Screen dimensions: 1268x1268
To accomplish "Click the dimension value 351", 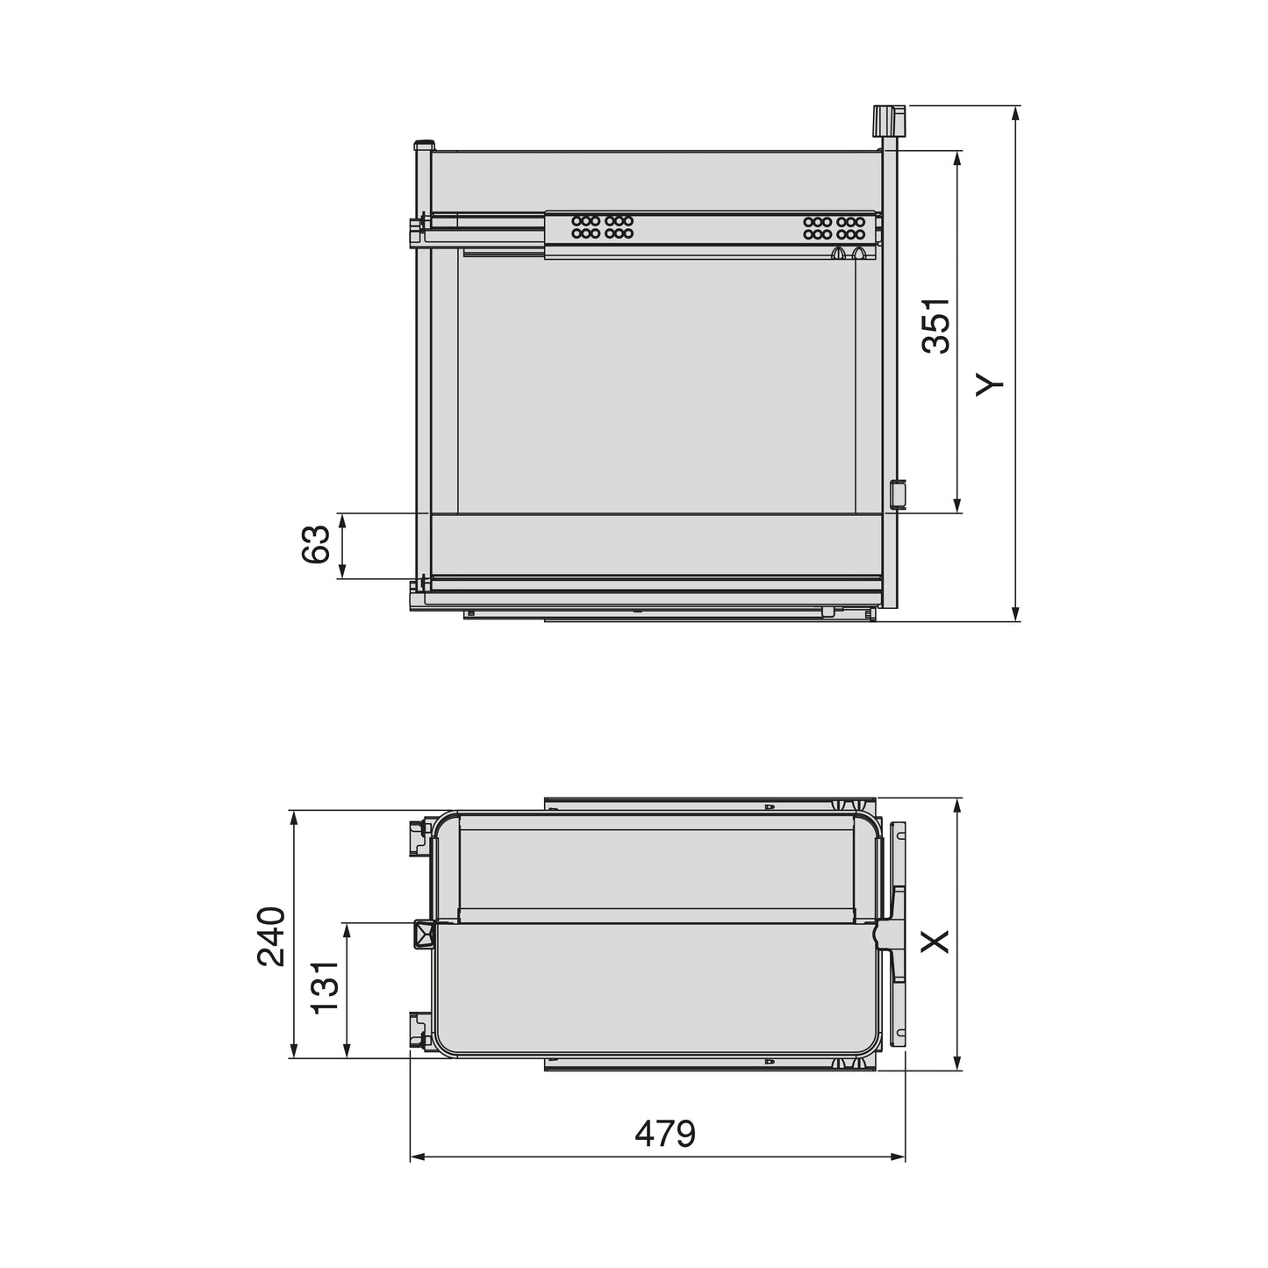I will (x=936, y=326).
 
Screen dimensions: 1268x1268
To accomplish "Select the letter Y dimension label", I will (x=989, y=383).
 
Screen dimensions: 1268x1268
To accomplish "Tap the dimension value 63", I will (x=315, y=545).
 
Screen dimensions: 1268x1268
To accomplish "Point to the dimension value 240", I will (x=271, y=935).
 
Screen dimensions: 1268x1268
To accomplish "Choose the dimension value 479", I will (x=665, y=1133).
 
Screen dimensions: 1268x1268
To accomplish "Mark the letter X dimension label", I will (x=936, y=942).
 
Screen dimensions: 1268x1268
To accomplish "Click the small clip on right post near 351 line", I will (x=897, y=494).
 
